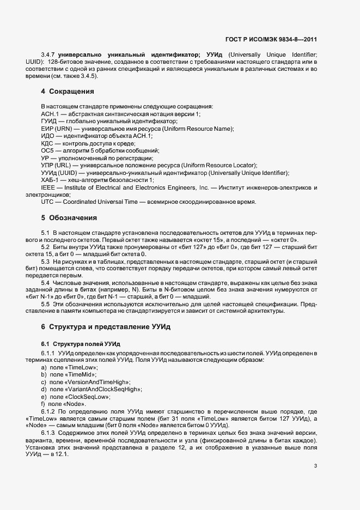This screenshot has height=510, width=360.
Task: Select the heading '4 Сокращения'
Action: tap(68, 91)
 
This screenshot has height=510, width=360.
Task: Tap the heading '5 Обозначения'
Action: tap(70, 218)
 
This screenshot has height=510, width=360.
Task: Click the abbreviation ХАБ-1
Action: tap(50, 180)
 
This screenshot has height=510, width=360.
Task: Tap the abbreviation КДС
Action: tap(47, 143)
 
